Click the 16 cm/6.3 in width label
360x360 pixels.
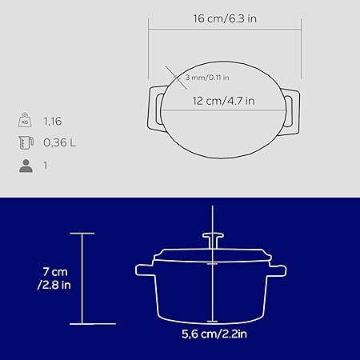point(225,18)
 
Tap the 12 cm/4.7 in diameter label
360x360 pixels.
point(223,101)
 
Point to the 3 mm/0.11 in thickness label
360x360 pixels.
point(207,78)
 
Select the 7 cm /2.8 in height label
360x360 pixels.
point(54,278)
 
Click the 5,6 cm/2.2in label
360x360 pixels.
point(214,334)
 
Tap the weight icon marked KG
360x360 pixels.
point(25,120)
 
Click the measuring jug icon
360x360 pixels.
point(26,142)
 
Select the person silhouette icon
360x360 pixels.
point(26,166)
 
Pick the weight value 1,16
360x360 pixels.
point(53,122)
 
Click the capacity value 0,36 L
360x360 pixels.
point(60,142)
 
